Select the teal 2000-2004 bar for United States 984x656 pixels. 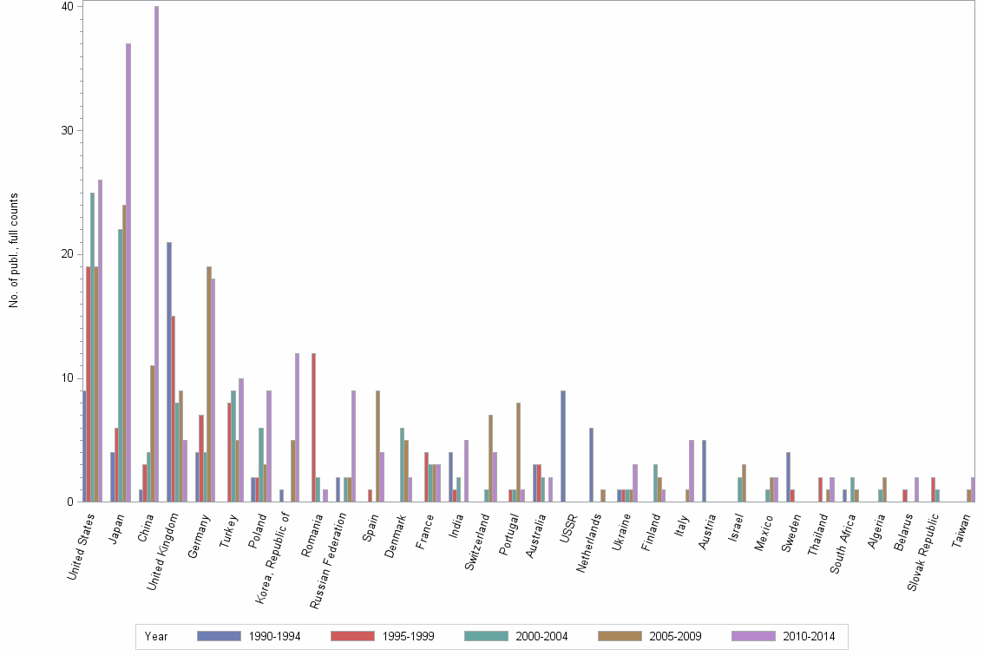click(x=92, y=347)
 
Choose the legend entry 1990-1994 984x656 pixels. click(x=249, y=636)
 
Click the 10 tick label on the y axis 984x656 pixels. click(x=67, y=378)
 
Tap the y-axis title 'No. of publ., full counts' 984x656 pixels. click(x=14, y=252)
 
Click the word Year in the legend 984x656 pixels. click(x=157, y=636)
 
